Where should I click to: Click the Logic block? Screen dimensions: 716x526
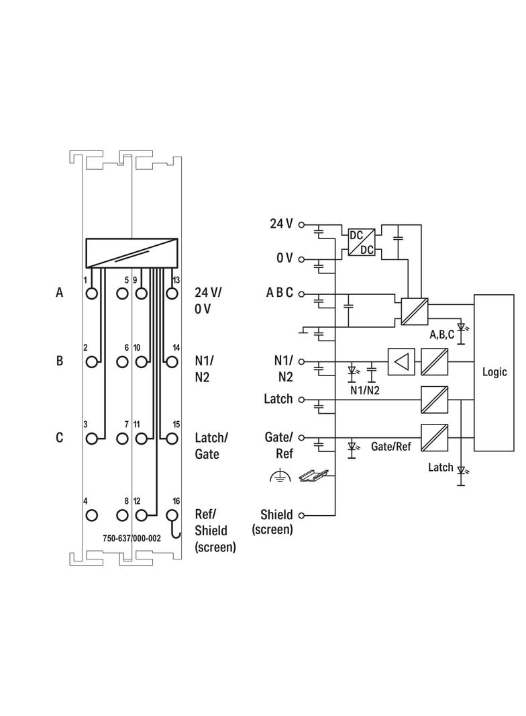(494, 372)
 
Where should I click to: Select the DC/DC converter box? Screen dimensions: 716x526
(361, 242)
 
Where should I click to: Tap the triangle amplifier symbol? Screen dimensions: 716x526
(401, 362)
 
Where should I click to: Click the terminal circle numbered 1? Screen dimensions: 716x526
(92, 294)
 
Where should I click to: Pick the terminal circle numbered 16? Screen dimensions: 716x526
(172, 516)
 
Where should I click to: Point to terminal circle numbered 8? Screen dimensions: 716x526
(122, 516)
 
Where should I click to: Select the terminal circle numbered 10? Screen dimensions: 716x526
(141, 362)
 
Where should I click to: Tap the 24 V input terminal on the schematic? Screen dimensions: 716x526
(301, 224)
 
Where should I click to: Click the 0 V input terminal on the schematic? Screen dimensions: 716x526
(301, 259)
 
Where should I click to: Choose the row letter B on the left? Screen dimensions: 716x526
(60, 361)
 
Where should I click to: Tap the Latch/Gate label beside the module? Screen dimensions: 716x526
(211, 445)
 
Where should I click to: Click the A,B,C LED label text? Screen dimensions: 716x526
(442, 334)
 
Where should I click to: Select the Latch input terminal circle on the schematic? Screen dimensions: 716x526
(301, 400)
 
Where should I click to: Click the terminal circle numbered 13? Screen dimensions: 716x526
(172, 294)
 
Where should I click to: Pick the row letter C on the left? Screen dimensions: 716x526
(60, 438)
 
